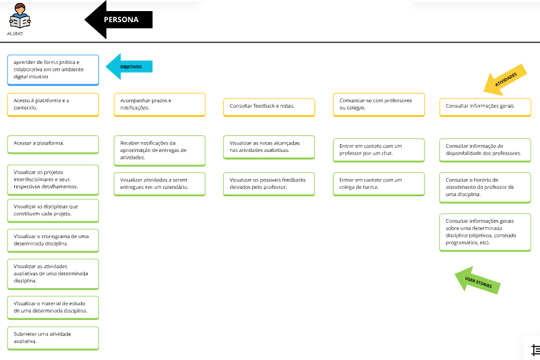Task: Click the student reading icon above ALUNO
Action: pos(20,16)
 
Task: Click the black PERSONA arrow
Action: pos(119,20)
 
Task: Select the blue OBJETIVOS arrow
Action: pos(129,66)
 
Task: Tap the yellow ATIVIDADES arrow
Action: pos(505,79)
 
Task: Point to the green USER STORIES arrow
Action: pos(478,281)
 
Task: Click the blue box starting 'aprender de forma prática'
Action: pos(53,70)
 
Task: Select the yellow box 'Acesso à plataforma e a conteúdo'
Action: pos(53,105)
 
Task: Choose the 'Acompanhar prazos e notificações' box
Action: pos(159,105)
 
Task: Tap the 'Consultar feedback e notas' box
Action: pos(269,107)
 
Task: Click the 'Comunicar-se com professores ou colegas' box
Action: pos(379,105)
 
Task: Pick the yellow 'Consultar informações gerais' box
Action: pos(485,107)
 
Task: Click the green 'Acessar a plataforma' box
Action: pos(53,145)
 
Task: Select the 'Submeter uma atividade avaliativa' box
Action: pos(53,338)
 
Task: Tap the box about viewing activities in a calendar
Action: pos(159,184)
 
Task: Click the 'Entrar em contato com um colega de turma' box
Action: pos(379,184)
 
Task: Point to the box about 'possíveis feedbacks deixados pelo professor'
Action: pos(269,184)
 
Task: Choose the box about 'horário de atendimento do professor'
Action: pos(485,188)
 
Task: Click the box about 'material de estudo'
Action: pos(53,308)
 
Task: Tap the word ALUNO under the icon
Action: pos(15,34)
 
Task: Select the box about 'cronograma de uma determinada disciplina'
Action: pos(53,241)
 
